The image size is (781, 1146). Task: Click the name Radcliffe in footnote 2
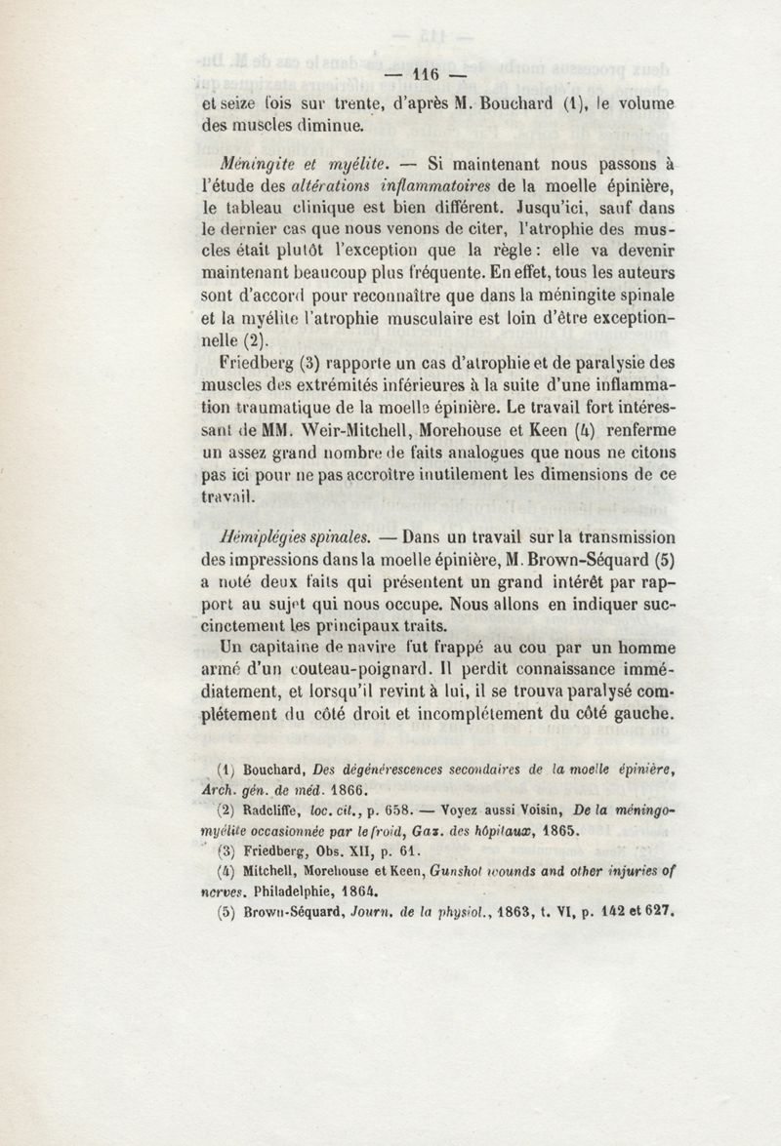click(x=278, y=808)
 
